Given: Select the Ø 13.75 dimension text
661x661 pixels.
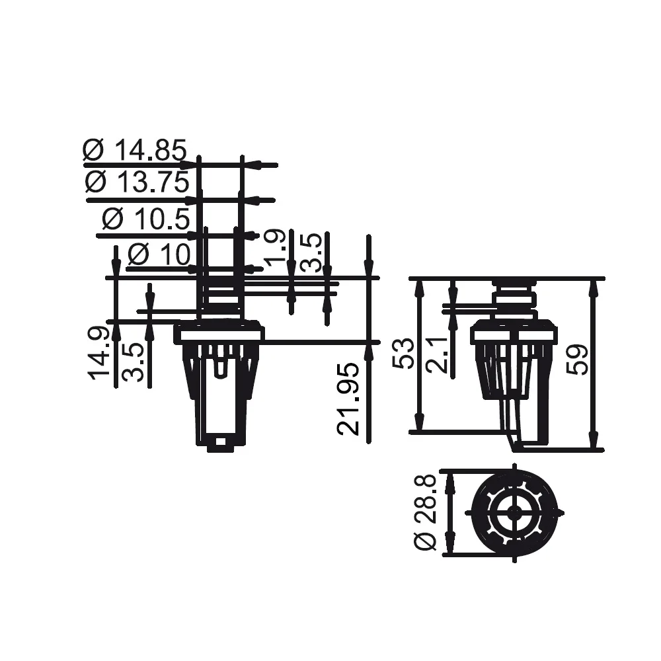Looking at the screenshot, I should [x=137, y=182].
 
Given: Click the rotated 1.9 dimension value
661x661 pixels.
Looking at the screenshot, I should [x=274, y=251].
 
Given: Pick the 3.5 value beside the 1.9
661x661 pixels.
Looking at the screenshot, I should [x=311, y=252].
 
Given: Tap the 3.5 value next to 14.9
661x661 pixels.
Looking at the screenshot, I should [x=134, y=361].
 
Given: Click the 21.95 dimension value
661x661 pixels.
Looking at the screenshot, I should [x=348, y=398].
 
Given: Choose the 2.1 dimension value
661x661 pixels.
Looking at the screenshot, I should [x=437, y=354].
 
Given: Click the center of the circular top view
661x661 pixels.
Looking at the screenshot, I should [x=514, y=512].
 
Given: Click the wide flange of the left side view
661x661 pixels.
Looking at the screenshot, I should [x=218, y=334].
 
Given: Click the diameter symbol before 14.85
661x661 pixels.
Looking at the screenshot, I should [x=94, y=151].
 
